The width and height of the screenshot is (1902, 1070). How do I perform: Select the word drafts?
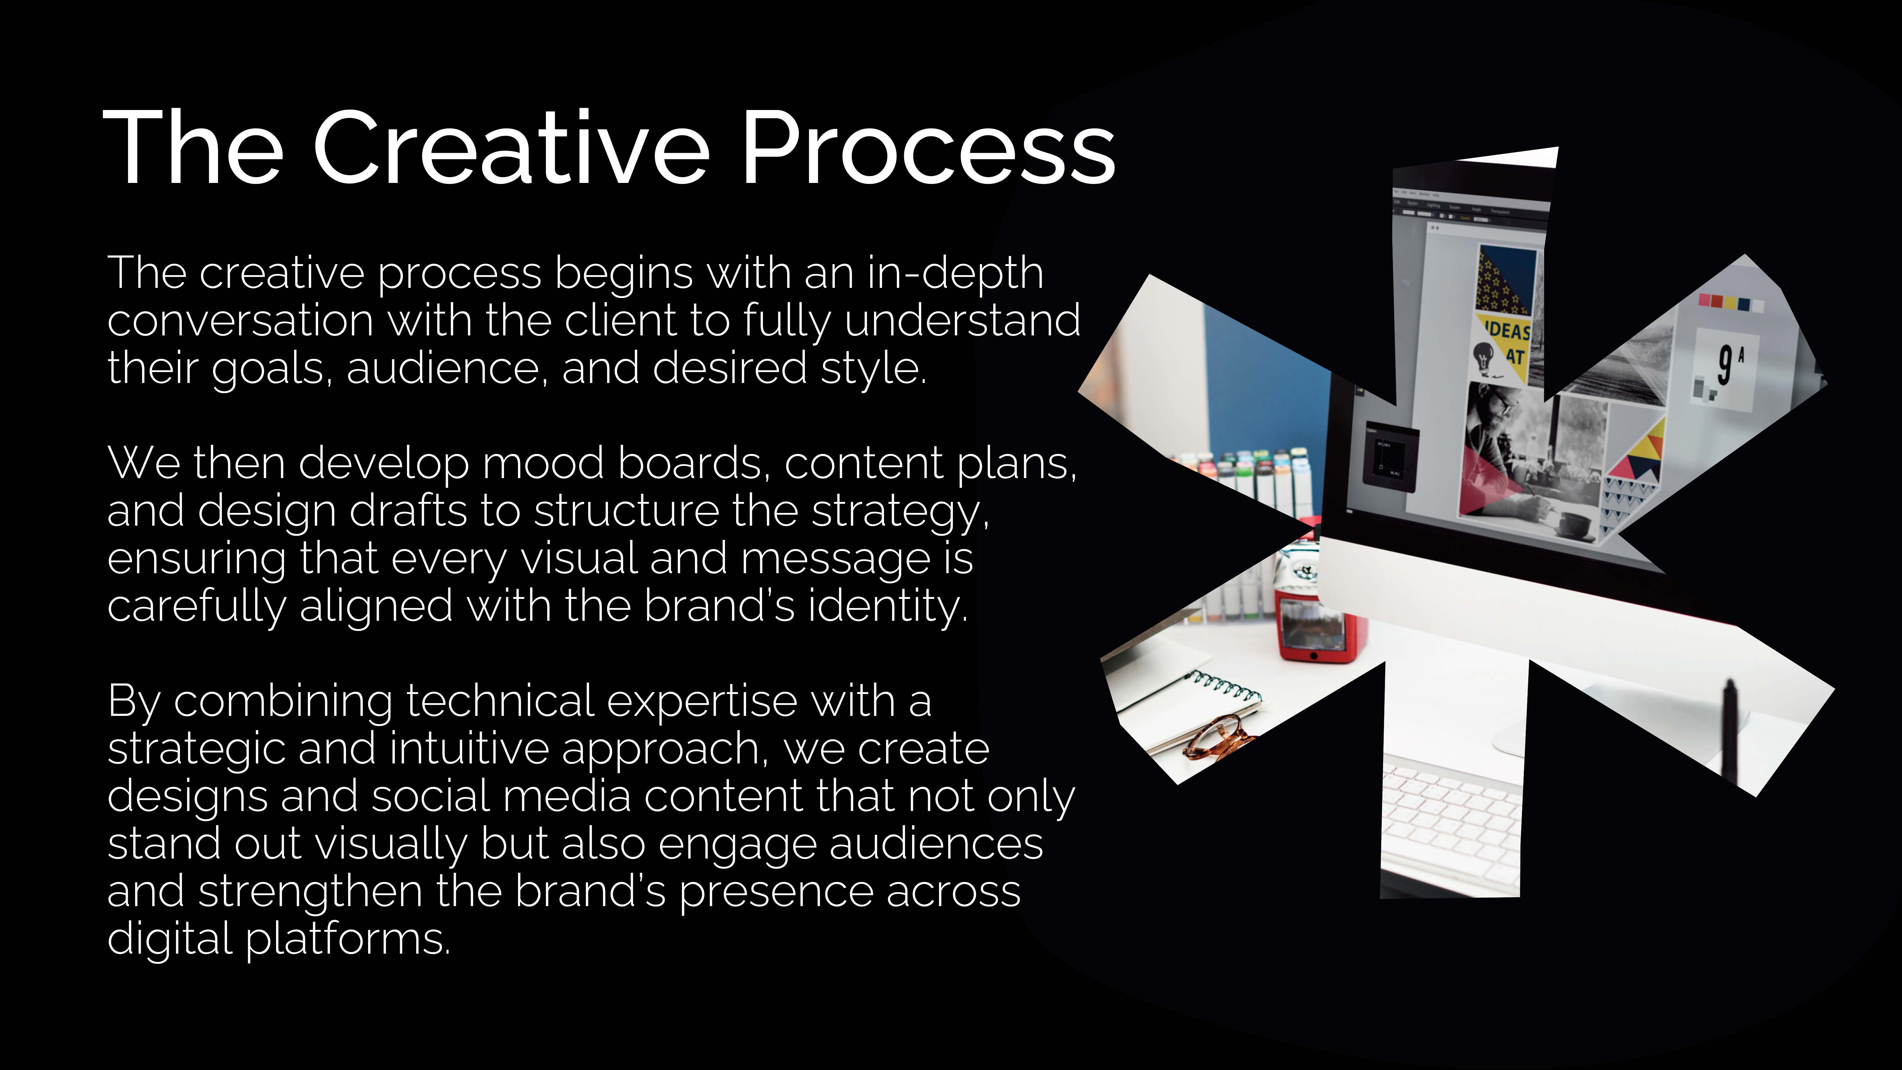(408, 511)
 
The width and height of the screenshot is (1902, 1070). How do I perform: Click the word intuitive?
(469, 749)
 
